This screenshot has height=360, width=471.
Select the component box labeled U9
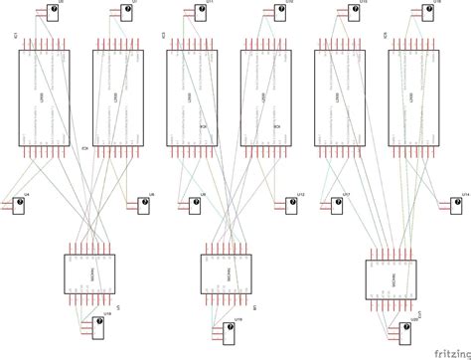pos(198,205)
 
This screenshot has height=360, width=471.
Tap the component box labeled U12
pos(291,205)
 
